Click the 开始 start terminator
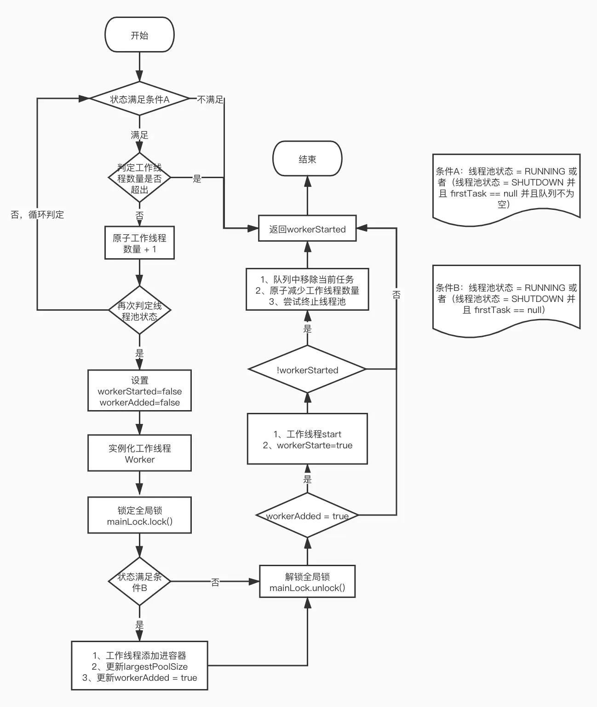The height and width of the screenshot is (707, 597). pyautogui.click(x=139, y=35)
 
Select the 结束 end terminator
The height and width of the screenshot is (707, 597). pyautogui.click(x=307, y=159)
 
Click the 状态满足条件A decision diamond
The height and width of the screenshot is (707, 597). pyautogui.click(x=139, y=99)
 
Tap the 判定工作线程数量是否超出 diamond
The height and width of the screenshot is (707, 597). pyautogui.click(x=139, y=179)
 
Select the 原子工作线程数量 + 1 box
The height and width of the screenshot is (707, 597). pyautogui.click(x=139, y=243)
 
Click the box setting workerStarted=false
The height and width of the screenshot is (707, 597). pyautogui.click(x=139, y=391)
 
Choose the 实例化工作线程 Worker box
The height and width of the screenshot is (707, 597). pyautogui.click(x=139, y=453)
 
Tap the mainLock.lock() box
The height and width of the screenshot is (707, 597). pyautogui.click(x=139, y=516)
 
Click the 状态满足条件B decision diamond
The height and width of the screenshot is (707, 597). pyautogui.click(x=139, y=582)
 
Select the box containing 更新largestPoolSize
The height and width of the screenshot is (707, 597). pyautogui.click(x=139, y=666)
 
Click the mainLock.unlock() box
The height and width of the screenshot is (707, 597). pyautogui.click(x=307, y=582)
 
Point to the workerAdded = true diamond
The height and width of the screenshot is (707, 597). pyautogui.click(x=307, y=516)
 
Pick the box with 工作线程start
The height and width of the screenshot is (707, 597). pyautogui.click(x=307, y=439)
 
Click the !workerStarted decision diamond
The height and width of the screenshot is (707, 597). pyautogui.click(x=307, y=370)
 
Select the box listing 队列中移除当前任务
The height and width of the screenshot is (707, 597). pyautogui.click(x=307, y=290)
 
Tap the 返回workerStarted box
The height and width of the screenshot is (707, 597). pyautogui.click(x=307, y=229)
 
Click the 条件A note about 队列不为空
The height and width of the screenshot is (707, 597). pyautogui.click(x=506, y=187)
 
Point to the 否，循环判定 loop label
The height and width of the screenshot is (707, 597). pyautogui.click(x=37, y=214)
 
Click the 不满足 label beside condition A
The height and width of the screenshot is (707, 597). pyautogui.click(x=210, y=99)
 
